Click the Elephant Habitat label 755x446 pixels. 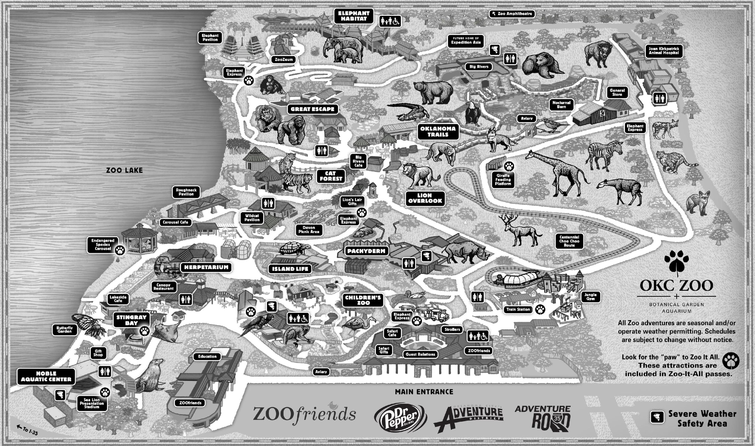click(354, 16)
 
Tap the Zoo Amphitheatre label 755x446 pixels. click(512, 14)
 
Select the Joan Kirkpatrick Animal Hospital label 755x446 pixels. click(664, 51)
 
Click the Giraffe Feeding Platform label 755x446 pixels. click(503, 180)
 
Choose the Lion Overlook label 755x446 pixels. click(425, 198)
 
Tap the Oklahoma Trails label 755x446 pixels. click(438, 132)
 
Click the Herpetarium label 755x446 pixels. click(206, 267)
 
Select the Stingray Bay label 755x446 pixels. click(131, 320)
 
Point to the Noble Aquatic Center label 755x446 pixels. click(46, 377)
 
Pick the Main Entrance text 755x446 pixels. click(424, 392)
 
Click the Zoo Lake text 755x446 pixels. click(124, 170)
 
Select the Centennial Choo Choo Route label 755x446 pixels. click(569, 241)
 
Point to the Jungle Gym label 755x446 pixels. click(590, 297)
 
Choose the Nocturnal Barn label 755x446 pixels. click(561, 105)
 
